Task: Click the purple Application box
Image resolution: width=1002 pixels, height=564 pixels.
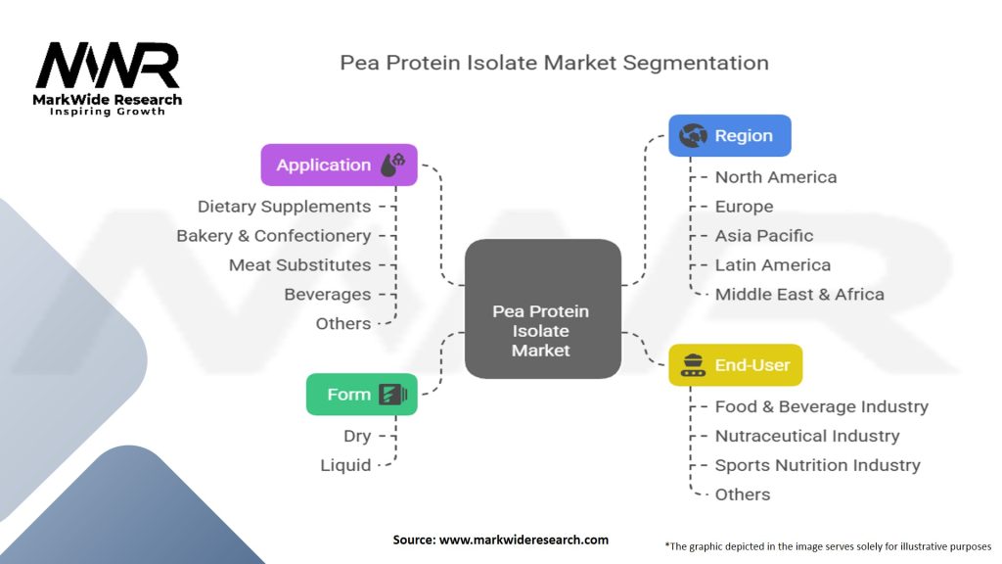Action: [x=339, y=164]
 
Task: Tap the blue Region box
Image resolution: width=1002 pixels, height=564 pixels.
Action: [x=729, y=136]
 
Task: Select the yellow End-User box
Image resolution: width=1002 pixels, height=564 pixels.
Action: [x=735, y=365]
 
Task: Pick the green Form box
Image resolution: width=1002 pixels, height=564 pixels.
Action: [x=361, y=395]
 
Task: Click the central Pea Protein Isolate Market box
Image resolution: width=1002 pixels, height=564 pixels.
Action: [x=542, y=330]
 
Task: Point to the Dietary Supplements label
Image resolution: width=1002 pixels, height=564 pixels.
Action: [x=284, y=207]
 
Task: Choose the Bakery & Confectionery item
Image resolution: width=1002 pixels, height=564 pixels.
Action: [x=273, y=236]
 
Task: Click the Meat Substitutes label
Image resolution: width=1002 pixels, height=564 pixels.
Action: [x=299, y=265]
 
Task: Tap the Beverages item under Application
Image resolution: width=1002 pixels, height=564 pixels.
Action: [x=327, y=295]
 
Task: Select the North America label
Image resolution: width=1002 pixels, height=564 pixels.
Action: [x=775, y=177]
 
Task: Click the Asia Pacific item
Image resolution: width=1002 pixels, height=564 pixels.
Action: [x=763, y=236]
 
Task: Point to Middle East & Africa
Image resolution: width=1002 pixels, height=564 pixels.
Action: [x=798, y=295]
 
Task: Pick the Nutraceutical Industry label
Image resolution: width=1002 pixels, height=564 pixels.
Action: [x=806, y=436]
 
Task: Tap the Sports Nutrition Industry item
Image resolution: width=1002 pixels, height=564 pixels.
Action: [x=817, y=465]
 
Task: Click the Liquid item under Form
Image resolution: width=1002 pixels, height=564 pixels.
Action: [x=345, y=465]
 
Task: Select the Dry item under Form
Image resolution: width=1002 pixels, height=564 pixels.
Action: [x=356, y=436]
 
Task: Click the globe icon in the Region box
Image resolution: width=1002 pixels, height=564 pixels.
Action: [x=693, y=136]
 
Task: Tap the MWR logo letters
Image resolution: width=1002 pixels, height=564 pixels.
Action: [x=108, y=67]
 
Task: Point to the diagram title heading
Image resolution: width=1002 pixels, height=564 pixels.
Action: [x=554, y=63]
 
